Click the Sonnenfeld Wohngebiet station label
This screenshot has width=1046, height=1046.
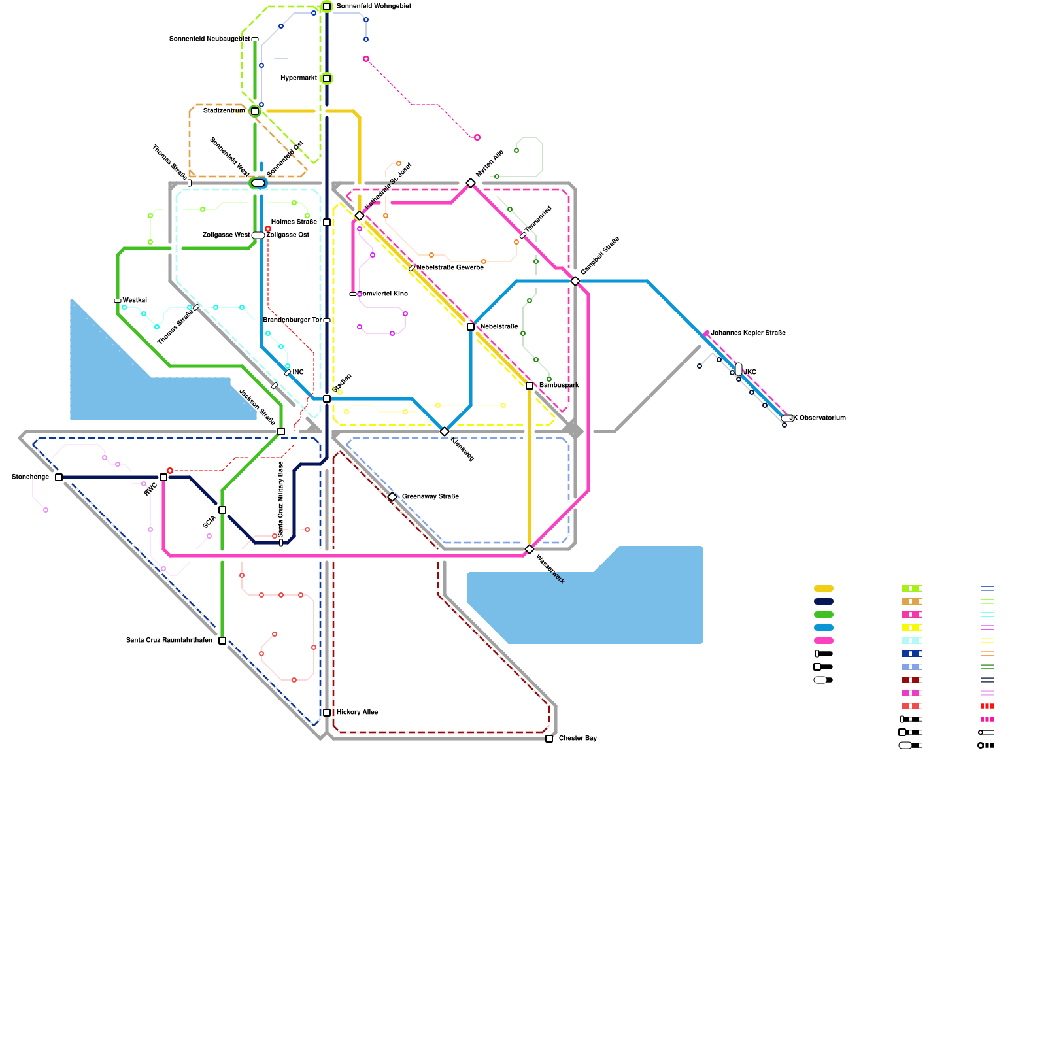[x=373, y=7]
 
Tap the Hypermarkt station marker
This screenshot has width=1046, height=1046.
[x=327, y=78]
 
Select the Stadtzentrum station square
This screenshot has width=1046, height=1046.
[x=255, y=111]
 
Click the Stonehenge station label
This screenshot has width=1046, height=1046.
[x=30, y=477]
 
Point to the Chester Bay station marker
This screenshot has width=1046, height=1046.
[x=549, y=739]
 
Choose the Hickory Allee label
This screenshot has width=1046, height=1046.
[x=357, y=713]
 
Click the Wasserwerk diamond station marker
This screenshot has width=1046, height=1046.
[x=530, y=549]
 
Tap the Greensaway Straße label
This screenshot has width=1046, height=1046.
[x=430, y=497]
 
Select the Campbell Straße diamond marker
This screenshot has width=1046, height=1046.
[x=575, y=281]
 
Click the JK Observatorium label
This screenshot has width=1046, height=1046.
[x=818, y=418]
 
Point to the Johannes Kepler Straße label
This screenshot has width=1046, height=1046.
[x=748, y=333]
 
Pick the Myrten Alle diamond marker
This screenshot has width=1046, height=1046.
[x=471, y=183]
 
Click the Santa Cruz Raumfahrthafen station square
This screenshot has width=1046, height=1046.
[x=222, y=641]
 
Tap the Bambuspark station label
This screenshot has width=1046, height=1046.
[x=559, y=386]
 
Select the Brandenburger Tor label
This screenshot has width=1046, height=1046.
[x=292, y=320]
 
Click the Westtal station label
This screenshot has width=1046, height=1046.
[x=135, y=301]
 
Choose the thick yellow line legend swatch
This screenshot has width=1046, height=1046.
[x=824, y=588]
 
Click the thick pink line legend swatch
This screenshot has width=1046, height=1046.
[x=824, y=641]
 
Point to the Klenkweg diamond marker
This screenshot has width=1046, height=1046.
[x=445, y=431]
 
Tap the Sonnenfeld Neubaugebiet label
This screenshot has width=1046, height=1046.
[x=209, y=39]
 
